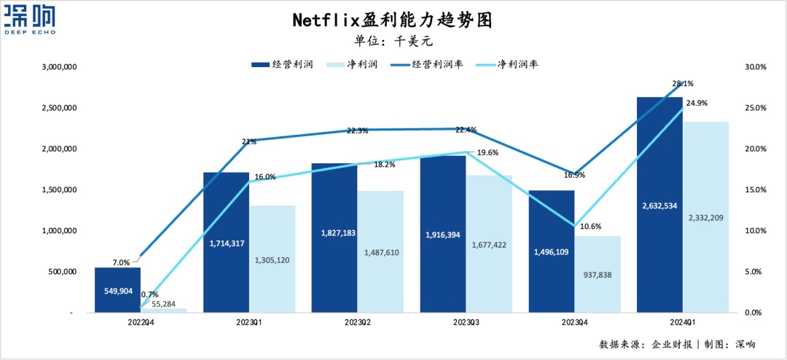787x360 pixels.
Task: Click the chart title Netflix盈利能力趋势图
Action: pyautogui.click(x=393, y=19)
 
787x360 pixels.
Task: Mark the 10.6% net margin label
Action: pyautogui.click(x=591, y=226)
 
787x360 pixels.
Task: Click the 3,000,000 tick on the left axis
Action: pyautogui.click(x=60, y=67)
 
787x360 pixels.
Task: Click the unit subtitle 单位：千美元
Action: pyautogui.click(x=393, y=41)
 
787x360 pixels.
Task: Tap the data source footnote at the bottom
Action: pyautogui.click(x=677, y=344)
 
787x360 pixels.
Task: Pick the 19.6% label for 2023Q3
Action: pyautogui.click(x=487, y=152)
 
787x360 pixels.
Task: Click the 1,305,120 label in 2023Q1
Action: pyautogui.click(x=273, y=259)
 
